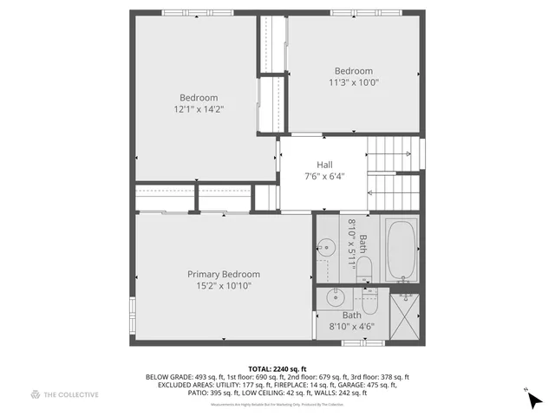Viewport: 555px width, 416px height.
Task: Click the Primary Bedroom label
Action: [x=224, y=275]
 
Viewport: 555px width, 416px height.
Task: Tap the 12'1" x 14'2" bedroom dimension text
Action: [x=199, y=110]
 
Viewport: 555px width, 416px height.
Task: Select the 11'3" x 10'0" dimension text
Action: [x=354, y=83]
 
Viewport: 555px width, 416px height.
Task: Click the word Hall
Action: [x=324, y=165]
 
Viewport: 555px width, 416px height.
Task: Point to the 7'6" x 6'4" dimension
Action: [x=324, y=177]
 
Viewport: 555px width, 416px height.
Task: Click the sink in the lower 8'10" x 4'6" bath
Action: [x=335, y=299]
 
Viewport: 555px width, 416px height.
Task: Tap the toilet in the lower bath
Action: [x=369, y=302]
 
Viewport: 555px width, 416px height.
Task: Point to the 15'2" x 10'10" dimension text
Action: [x=224, y=286]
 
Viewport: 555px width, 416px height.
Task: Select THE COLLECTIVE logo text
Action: [x=71, y=395]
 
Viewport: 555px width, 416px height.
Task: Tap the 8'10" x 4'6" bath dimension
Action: [x=351, y=327]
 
